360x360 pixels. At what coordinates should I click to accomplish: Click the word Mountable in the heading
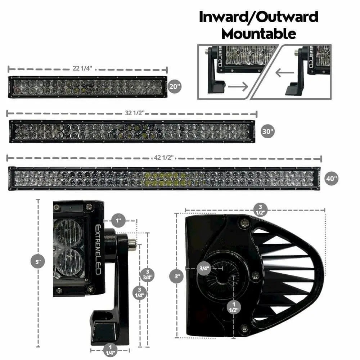point(258,34)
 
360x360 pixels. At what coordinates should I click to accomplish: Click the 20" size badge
point(175,86)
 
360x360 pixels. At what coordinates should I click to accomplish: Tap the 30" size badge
point(268,131)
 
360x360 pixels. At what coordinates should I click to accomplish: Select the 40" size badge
point(332,179)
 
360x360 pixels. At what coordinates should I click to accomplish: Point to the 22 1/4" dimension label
point(82,68)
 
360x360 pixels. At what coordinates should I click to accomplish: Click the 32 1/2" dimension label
point(135,113)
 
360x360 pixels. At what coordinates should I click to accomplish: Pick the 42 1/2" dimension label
point(164,158)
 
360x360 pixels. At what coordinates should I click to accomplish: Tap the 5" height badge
point(38,261)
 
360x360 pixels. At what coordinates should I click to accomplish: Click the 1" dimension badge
point(118,221)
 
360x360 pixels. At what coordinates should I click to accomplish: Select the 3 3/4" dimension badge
point(147,275)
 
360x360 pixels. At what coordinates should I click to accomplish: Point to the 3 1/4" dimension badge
point(139,292)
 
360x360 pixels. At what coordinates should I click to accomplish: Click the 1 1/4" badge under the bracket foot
point(110,350)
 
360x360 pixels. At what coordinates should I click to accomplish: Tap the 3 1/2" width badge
point(260,210)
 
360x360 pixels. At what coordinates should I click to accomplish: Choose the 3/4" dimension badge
point(204,268)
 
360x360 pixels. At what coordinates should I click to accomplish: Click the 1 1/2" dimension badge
point(234,307)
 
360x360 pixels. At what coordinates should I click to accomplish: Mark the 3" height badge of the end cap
point(176,276)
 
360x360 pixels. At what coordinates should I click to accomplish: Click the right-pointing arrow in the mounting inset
point(238,86)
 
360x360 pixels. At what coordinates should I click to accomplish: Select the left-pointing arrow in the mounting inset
point(285,73)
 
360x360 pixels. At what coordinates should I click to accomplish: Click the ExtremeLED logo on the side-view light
point(98,249)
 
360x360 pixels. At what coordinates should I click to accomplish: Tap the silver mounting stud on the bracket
point(132,243)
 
